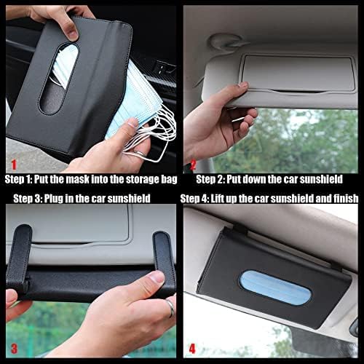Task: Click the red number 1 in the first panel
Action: (x=15, y=165)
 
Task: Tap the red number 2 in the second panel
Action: (x=193, y=165)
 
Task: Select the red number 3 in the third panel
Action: (x=15, y=349)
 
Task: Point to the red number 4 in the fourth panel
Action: (x=192, y=349)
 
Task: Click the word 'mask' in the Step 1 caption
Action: (x=78, y=179)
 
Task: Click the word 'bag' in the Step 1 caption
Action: (x=169, y=180)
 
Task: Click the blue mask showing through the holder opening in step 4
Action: (x=275, y=287)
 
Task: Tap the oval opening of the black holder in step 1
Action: (x=59, y=78)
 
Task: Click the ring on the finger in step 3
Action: (x=170, y=308)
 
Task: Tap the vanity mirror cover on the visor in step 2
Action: (x=298, y=73)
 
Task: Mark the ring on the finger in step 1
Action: (x=141, y=154)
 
